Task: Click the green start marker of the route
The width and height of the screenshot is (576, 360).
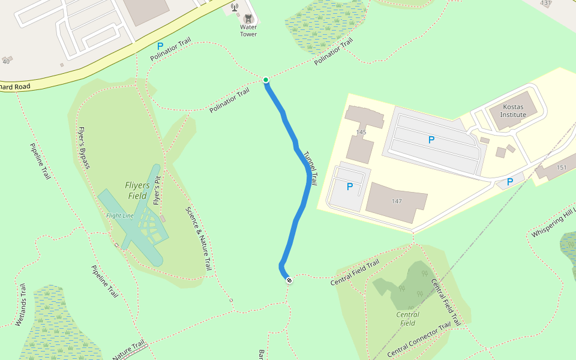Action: [265, 80]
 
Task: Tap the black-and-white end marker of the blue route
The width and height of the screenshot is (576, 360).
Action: [289, 280]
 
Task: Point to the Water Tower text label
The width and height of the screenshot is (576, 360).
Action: [248, 31]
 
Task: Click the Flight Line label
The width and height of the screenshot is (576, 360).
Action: [119, 215]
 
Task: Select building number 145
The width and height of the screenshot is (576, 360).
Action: [361, 132]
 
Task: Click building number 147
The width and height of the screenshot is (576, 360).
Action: [396, 200]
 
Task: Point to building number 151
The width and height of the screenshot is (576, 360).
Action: [562, 167]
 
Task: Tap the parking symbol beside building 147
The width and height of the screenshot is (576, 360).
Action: [350, 187]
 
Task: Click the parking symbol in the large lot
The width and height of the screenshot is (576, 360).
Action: [431, 140]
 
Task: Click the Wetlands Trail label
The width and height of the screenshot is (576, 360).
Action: [21, 304]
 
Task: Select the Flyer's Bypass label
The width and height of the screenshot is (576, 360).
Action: [83, 148]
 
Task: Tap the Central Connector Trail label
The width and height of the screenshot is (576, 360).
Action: [418, 339]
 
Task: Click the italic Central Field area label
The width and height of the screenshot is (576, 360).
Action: [408, 319]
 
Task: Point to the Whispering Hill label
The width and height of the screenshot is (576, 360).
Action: [552, 222]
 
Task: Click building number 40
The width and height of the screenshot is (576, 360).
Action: [7, 61]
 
